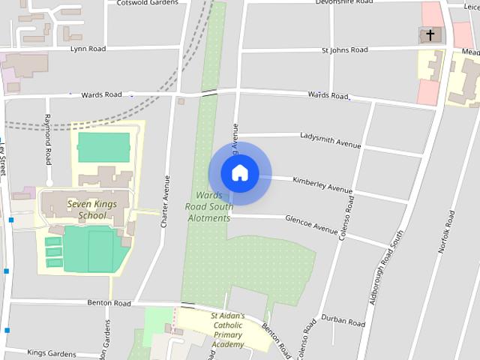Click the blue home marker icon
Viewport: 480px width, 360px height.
coord(239,173)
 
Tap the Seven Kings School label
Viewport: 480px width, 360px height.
coord(87,209)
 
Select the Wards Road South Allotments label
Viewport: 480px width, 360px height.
coord(208,207)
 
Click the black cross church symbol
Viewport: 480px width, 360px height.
coord(430,34)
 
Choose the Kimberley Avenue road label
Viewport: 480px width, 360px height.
coord(322,184)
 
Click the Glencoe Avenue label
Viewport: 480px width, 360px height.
coord(311,223)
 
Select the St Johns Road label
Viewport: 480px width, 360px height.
coord(344,50)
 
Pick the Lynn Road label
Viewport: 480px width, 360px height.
coord(88,49)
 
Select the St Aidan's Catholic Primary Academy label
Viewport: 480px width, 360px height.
coord(227,330)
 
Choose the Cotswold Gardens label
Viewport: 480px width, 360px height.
coord(148,3)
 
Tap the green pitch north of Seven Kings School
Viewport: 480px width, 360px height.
coord(103,147)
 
